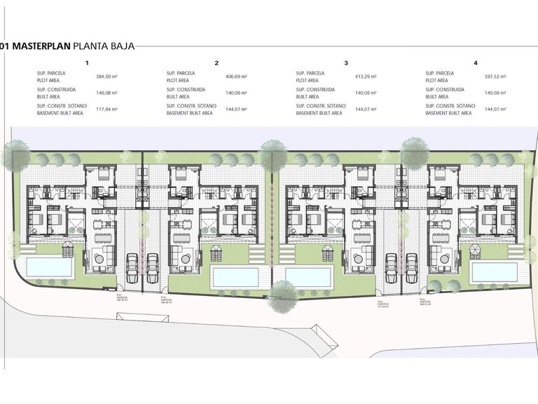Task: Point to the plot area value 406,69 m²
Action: (x=236, y=76)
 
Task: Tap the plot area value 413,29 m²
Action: (x=366, y=76)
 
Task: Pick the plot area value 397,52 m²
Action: (x=495, y=76)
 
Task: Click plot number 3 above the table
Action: (x=346, y=63)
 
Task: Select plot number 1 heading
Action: (x=87, y=63)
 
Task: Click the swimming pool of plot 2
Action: (x=235, y=276)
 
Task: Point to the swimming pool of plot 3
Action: (x=308, y=276)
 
